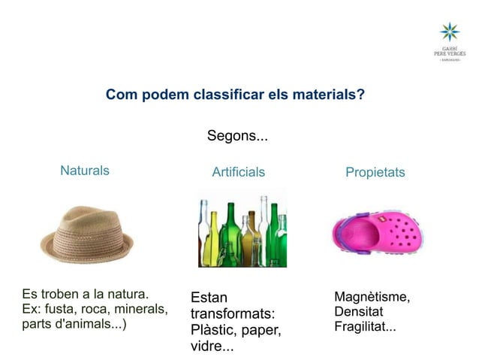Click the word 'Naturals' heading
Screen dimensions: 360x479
[x=84, y=171]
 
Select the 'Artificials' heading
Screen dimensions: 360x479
[x=238, y=172]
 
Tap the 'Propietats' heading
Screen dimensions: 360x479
[x=375, y=172]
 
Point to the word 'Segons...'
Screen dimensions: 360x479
[x=237, y=137]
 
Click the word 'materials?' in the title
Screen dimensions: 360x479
[x=327, y=95]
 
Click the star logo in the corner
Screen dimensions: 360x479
[x=449, y=32]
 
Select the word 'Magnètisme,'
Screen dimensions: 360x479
[x=372, y=298]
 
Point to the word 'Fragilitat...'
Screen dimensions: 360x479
[x=365, y=327]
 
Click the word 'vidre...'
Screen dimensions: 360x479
[x=212, y=348]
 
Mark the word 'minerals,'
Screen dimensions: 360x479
[x=139, y=309]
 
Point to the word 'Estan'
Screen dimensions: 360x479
[x=209, y=297]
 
